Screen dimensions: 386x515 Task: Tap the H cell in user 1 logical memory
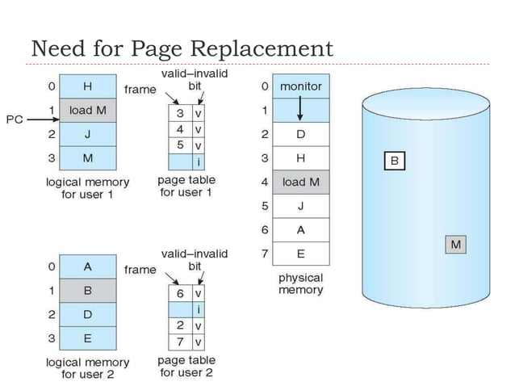coord(87,86)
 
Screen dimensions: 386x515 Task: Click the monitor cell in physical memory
coord(300,86)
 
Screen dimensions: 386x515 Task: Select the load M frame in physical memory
coord(300,182)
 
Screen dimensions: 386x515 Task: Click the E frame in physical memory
coord(300,254)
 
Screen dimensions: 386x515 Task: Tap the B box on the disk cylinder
coord(394,161)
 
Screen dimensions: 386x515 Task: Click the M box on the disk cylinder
coord(456,243)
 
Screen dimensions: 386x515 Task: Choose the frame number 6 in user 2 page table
coord(182,294)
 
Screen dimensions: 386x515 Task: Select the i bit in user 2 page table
coord(199,309)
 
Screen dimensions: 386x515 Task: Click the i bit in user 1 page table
coord(199,162)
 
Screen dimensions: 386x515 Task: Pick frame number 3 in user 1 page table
coord(182,114)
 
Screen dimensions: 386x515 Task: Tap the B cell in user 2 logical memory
coord(87,289)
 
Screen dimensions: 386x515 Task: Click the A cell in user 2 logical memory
coord(87,266)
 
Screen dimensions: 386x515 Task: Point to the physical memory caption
coord(300,283)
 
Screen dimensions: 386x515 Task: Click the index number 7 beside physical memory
coord(264,254)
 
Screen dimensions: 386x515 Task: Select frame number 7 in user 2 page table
coord(182,341)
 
